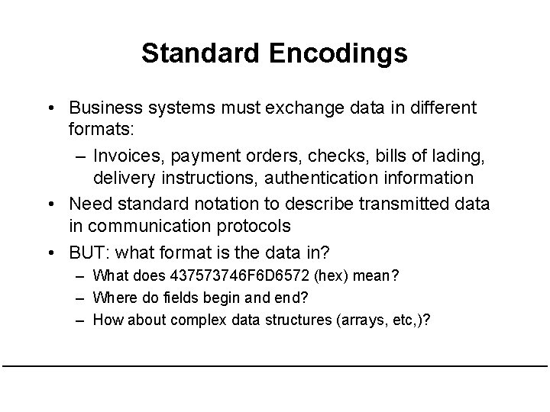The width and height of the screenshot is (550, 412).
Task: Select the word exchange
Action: tap(294, 108)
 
